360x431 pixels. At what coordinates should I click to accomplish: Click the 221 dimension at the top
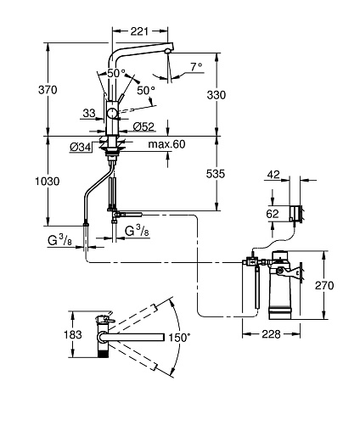(139, 31)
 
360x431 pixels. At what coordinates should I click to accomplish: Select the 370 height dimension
(48, 90)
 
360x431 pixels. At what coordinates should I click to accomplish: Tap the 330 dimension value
(217, 95)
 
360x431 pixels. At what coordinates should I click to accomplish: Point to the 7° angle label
(196, 67)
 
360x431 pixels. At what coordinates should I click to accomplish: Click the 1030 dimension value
(48, 182)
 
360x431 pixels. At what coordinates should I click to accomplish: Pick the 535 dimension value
(216, 174)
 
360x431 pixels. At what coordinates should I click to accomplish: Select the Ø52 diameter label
(143, 126)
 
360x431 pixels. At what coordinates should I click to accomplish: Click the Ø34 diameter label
(81, 147)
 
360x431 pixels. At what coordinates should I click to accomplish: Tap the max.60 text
(167, 144)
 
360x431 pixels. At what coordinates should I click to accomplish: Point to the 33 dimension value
(89, 114)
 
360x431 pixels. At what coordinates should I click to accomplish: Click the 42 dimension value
(273, 175)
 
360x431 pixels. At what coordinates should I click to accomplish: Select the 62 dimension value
(273, 214)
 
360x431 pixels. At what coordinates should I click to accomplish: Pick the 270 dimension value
(324, 285)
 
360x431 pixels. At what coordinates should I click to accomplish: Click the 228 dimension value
(271, 334)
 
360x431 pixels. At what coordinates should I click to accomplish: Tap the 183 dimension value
(73, 334)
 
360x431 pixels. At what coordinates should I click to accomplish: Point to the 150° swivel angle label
(179, 338)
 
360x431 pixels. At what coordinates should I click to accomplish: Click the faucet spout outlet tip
(168, 51)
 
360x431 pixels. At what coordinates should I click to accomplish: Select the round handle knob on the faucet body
(112, 114)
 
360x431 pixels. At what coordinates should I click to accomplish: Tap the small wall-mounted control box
(295, 214)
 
